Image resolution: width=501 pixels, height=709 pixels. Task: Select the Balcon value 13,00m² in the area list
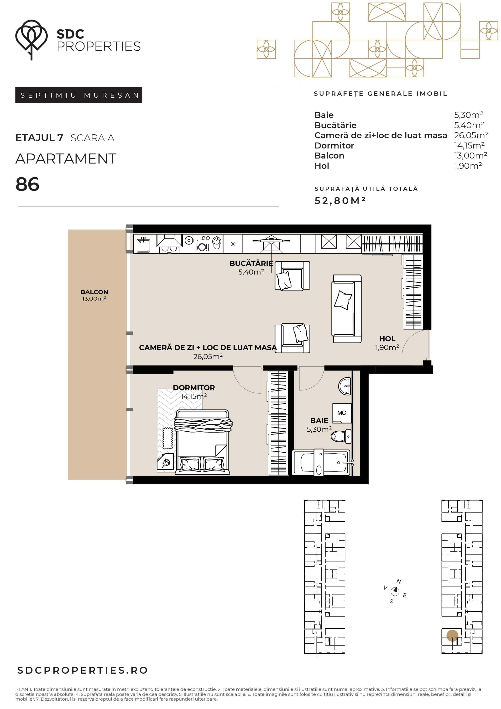click(470, 155)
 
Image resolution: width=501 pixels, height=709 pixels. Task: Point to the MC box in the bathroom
click(342, 413)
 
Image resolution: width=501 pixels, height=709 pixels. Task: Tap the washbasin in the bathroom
click(345, 386)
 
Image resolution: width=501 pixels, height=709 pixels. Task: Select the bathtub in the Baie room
click(321, 462)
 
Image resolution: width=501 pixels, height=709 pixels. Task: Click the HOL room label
click(387, 339)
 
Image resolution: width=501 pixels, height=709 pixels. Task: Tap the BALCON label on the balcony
click(94, 292)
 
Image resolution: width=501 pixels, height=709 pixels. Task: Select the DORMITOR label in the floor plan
click(194, 387)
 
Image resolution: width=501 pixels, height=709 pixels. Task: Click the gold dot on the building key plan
click(452, 635)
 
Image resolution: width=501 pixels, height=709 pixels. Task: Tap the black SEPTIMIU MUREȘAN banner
click(79, 95)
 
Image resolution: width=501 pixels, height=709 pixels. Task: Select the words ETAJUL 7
click(39, 138)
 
